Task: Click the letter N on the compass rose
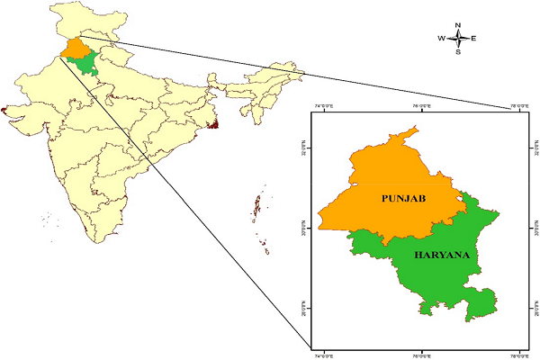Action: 459,25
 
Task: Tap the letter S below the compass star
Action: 459,52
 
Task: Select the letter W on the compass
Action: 442,39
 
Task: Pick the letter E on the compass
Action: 474,39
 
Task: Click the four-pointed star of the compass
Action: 459,39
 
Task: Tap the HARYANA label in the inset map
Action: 444,255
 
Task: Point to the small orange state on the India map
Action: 77,47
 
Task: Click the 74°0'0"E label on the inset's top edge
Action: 325,108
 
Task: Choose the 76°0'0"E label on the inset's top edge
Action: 421,108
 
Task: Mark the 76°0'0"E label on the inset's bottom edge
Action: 421,353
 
